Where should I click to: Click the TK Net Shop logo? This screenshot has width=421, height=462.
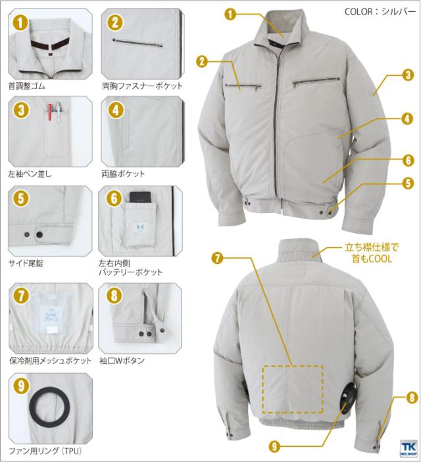(409, 448)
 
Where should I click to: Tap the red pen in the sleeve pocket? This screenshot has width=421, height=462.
(51, 112)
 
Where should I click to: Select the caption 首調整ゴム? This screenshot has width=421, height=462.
(27, 86)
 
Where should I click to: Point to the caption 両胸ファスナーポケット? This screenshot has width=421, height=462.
(143, 86)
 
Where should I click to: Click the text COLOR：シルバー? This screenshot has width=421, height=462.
(380, 11)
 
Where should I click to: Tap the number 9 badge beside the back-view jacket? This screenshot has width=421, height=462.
(274, 447)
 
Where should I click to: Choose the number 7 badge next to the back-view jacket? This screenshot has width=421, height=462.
(217, 258)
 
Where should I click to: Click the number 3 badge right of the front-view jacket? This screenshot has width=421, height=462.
(408, 75)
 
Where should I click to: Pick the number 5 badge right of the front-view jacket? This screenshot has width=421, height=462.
(408, 183)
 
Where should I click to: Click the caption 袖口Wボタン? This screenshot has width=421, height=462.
(122, 361)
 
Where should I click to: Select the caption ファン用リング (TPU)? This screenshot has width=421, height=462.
(45, 451)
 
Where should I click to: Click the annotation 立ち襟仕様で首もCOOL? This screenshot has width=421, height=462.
(372, 253)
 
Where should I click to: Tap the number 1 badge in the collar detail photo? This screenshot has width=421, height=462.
(20, 22)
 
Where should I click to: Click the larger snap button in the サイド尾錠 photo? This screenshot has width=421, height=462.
(39, 235)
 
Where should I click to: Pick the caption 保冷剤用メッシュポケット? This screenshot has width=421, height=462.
(51, 361)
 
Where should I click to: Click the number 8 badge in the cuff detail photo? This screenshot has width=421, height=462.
(114, 295)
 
